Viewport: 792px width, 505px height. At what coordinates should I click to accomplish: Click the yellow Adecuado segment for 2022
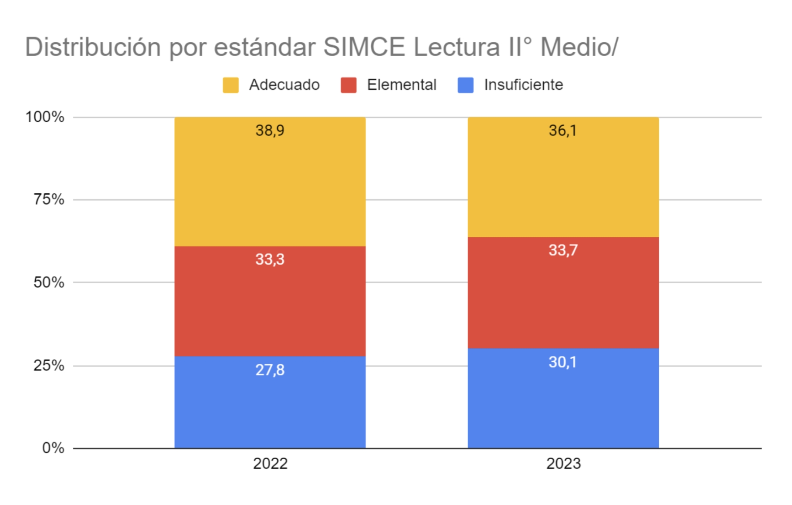270,187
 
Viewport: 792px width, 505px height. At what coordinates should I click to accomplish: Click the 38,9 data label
270,130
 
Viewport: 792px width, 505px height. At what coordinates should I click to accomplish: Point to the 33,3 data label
270,259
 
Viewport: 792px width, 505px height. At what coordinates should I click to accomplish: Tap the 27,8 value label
270,370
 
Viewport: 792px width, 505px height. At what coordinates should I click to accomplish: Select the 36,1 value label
562,130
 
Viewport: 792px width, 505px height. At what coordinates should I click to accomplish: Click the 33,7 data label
563,250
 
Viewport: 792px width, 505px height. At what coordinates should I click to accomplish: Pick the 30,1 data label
562,362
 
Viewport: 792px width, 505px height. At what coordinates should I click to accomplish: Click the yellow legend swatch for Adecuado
230,85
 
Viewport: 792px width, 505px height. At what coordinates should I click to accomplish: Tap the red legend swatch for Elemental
349,85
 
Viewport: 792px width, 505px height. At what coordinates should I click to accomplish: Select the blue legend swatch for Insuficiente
465,85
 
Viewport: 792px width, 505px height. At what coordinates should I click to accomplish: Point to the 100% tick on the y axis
45,117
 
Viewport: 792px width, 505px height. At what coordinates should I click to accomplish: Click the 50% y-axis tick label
49,283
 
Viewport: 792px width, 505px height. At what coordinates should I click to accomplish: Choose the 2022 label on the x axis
270,464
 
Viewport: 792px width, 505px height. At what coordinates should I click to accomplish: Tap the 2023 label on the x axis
563,464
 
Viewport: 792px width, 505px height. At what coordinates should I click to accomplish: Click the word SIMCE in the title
364,47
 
